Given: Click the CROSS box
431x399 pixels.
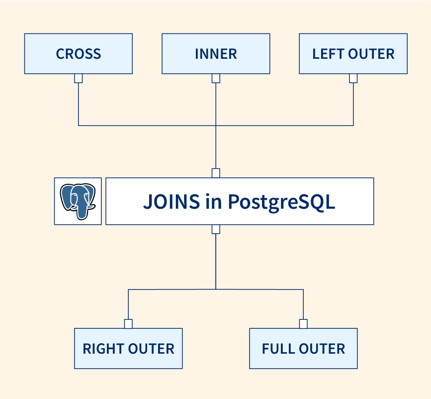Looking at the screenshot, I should pos(79,54).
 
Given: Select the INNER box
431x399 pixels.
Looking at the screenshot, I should pos(216,54).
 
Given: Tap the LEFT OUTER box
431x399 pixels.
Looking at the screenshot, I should pos(353,54).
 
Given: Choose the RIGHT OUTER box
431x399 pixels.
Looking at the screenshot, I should pos(128,349).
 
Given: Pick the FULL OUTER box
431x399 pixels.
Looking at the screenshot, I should pos(303,349).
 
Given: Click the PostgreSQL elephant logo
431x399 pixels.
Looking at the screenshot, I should pos(78,201).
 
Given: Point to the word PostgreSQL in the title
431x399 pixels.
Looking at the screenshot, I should pos(281,202).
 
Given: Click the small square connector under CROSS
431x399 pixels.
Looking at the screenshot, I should pos(79,79).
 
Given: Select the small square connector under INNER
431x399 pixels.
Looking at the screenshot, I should pos(216,79).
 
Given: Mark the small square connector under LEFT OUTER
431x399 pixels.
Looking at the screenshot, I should pos(353,79).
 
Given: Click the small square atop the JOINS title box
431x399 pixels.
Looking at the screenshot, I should pos(216,173).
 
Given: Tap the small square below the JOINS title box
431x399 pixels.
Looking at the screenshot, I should pos(216,229).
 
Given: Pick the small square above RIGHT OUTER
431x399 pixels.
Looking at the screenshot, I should pos(128,324).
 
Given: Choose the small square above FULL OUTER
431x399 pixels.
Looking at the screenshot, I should pos(303,324).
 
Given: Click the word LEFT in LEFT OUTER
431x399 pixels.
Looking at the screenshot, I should pos(327,54).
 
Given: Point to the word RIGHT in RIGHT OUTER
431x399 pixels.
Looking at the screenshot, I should pos(101,349).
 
